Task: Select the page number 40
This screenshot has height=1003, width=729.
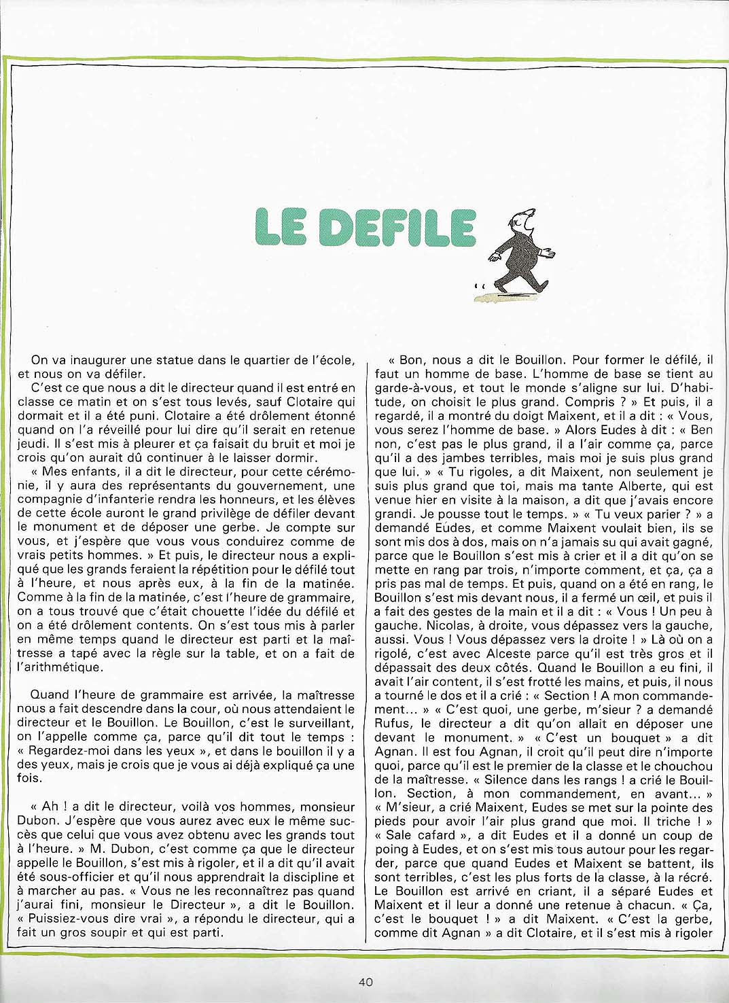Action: [365, 981]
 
